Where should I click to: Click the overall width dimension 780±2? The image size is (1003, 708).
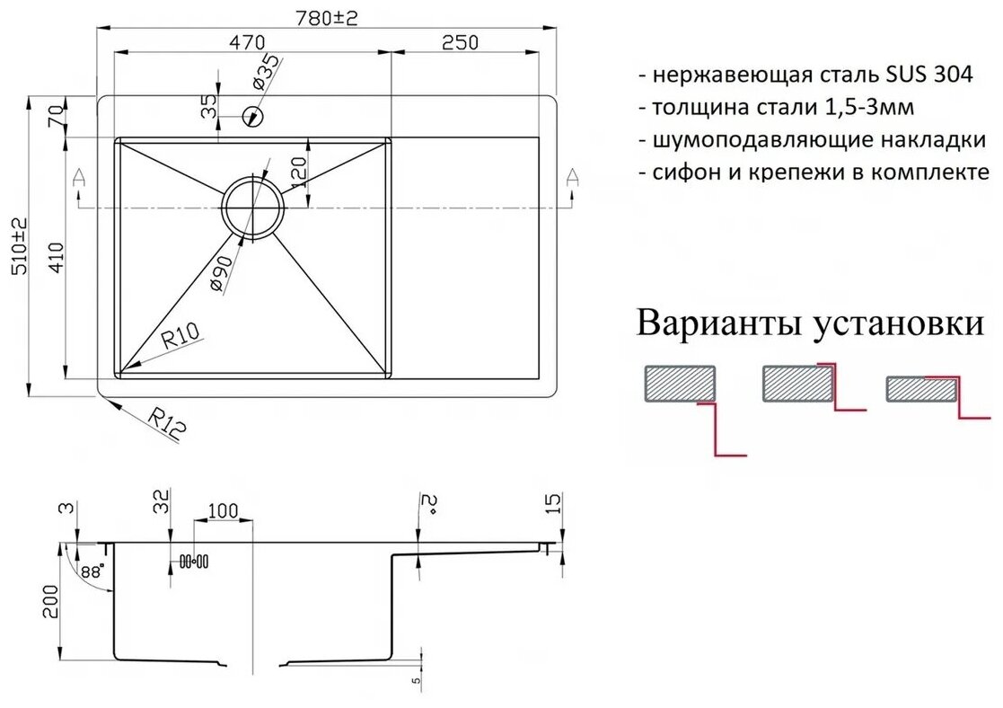click(327, 19)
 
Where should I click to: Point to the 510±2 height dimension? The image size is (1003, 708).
click(20, 244)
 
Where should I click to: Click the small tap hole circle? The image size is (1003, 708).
click(253, 115)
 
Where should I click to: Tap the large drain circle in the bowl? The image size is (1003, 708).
click(254, 206)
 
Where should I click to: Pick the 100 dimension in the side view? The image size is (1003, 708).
click(222, 511)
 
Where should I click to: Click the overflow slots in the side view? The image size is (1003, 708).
click(194, 561)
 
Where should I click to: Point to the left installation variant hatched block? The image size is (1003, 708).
click(680, 384)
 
